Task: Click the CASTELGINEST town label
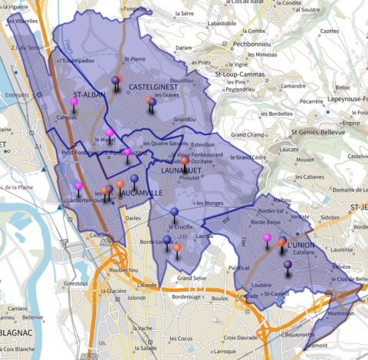point(153,88)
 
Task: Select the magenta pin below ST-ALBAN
point(74,101)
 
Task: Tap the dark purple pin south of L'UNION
point(287,265)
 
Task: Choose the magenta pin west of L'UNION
point(267,239)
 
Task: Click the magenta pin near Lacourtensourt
point(77,187)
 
